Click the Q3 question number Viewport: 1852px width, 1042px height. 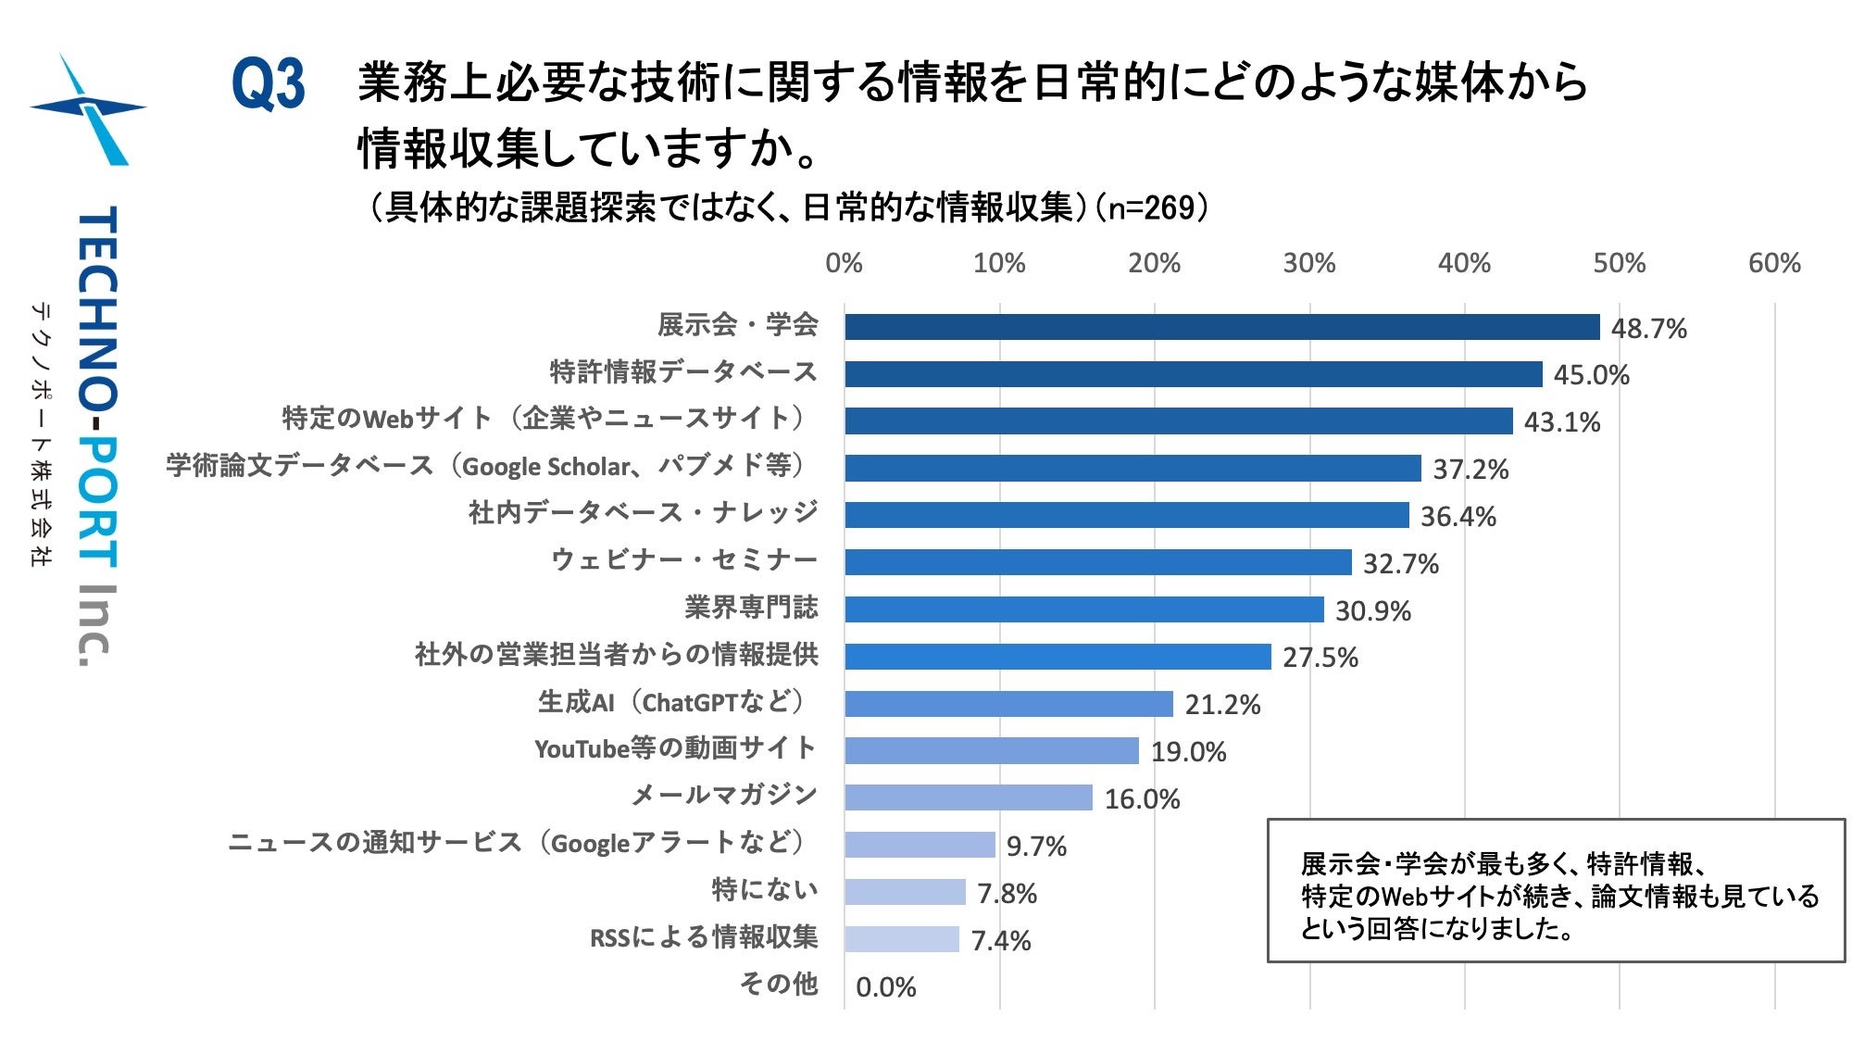(268, 84)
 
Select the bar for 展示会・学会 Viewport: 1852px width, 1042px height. (1221, 327)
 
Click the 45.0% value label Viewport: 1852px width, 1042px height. (1591, 375)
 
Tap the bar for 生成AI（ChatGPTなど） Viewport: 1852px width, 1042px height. (1008, 704)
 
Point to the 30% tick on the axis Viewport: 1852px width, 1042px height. (1308, 264)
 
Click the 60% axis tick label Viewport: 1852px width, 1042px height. (1773, 264)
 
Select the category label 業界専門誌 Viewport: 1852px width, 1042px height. (751, 608)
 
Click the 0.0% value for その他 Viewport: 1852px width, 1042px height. (885, 987)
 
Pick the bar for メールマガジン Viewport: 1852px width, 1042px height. (968, 797)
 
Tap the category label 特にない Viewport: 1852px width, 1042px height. (765, 890)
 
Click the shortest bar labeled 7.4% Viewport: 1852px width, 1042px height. (901, 939)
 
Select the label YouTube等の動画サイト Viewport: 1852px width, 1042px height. (675, 748)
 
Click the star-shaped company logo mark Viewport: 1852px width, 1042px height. (89, 109)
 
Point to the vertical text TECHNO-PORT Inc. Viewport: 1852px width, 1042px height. (96, 435)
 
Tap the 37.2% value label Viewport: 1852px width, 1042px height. (1470, 470)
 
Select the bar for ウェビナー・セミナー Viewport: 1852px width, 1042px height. (1097, 562)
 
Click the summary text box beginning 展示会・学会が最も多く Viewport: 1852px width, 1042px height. (1555, 891)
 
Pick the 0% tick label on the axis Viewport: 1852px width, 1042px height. (844, 264)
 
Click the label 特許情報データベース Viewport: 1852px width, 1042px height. (683, 372)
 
